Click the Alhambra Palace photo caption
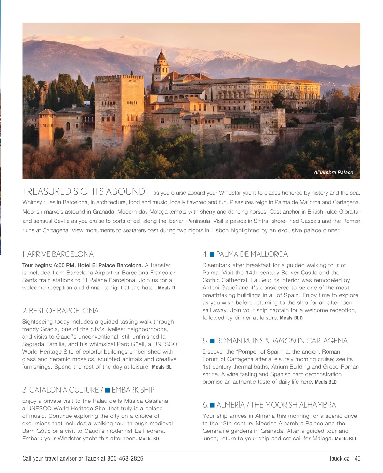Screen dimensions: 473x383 coord(333,172)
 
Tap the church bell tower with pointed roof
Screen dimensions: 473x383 coord(161,65)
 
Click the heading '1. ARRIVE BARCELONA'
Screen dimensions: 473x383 coord(58,254)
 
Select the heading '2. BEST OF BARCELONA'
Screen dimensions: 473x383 coord(60,311)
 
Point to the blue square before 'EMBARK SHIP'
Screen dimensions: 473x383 coord(108,390)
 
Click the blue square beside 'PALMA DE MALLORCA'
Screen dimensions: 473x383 coord(212,254)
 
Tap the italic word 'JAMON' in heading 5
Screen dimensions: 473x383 coord(283,341)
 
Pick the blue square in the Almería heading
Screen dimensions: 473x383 coord(212,405)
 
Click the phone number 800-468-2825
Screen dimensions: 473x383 coord(125,459)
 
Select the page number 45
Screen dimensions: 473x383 coord(357,459)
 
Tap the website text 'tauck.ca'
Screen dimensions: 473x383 coord(340,459)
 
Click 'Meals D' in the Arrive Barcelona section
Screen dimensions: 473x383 coord(167,288)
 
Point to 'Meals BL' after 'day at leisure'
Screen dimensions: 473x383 coord(162,367)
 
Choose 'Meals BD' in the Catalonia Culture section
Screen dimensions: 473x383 coord(149,439)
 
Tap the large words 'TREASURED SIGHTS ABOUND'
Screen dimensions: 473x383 coord(84,191)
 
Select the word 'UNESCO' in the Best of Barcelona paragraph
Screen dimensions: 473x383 coord(165,344)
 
